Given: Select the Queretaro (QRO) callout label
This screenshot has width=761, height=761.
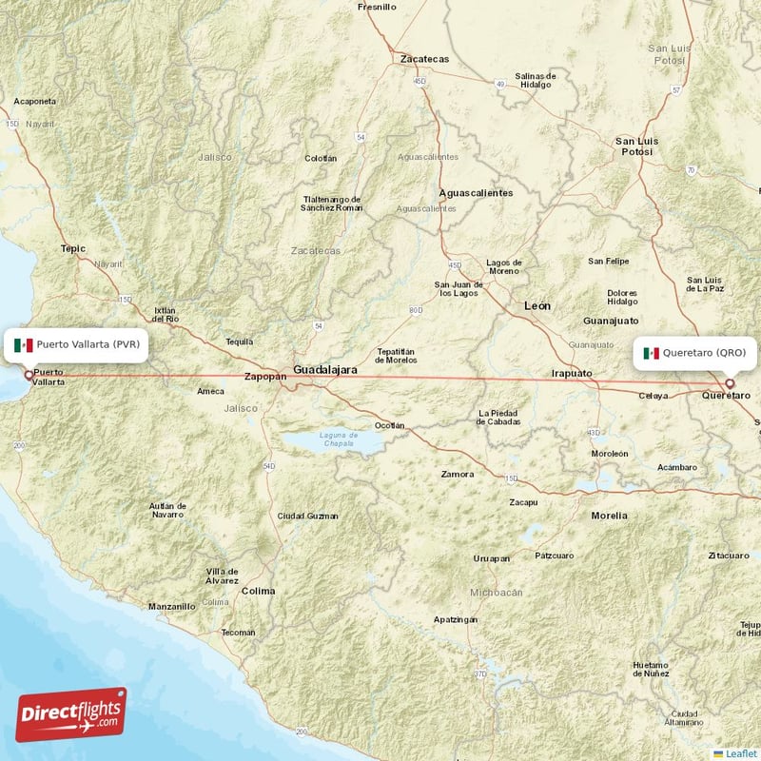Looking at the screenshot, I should point(696,353).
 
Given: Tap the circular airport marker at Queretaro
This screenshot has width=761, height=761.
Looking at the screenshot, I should point(731,383).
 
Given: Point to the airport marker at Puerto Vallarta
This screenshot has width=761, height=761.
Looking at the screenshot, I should point(28,374).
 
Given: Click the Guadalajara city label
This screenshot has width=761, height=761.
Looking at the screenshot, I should point(325,368).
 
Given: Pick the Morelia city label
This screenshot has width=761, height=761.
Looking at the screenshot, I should point(609,516).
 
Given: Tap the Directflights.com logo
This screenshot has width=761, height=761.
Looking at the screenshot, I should point(71,713).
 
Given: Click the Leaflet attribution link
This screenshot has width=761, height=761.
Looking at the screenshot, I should point(740,753).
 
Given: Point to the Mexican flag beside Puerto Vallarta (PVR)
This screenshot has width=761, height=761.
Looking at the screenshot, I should point(24,344).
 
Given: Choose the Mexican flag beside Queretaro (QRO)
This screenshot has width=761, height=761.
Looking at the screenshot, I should point(652,353).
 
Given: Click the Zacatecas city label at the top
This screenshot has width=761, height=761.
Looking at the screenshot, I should point(424,59).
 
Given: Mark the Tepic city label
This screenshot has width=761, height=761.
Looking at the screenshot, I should point(73,248).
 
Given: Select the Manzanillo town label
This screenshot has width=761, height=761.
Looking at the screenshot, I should point(171,606).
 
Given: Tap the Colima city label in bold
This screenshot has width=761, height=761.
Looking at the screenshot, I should point(258,591).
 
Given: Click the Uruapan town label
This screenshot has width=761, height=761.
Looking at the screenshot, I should point(492,558).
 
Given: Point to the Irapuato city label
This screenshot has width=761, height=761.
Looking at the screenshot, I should point(572,374).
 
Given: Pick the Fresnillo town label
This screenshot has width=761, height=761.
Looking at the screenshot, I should point(376,7).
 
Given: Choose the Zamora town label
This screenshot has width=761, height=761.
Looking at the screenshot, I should point(458,474).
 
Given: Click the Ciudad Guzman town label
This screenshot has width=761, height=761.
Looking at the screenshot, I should point(307,516).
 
